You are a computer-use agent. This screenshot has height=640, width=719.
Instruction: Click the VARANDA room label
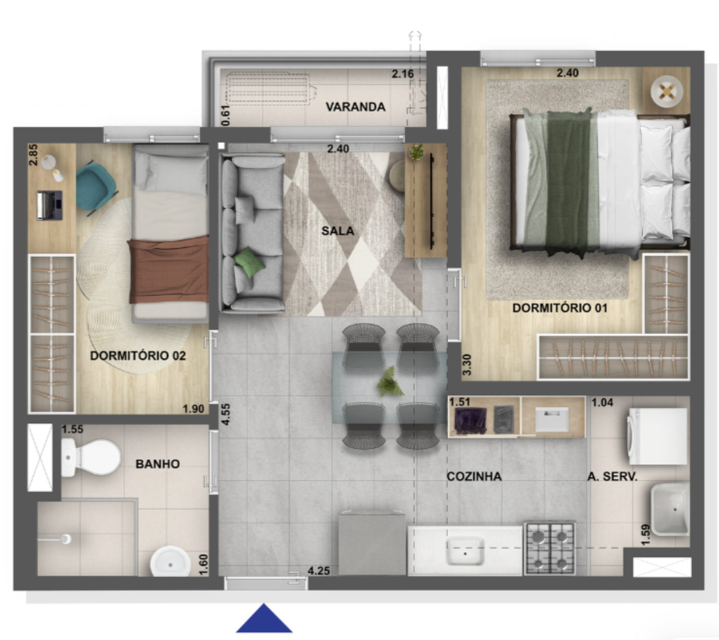[x=355, y=107]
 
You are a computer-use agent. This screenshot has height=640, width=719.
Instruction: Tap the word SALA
[x=337, y=231]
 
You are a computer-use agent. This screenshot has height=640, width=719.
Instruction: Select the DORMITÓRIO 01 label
[x=560, y=308]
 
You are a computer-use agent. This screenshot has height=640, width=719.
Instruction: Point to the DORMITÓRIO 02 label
[x=138, y=356]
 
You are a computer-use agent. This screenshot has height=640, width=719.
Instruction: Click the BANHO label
[x=157, y=463]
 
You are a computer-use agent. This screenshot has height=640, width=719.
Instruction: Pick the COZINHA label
[x=474, y=476]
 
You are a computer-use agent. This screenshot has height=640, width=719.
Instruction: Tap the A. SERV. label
[x=612, y=476]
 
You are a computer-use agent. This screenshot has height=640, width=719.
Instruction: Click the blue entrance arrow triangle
[x=264, y=619]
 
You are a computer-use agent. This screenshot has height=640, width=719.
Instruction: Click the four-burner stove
[x=550, y=549]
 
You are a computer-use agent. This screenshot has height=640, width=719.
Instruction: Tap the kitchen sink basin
[x=465, y=551]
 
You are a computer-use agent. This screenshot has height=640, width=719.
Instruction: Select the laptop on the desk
[x=50, y=205]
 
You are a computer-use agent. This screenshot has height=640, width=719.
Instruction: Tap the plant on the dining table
[x=389, y=382]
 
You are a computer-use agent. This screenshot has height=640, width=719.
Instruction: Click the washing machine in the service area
[x=657, y=436]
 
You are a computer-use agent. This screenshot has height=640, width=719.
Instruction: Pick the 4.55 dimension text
[x=226, y=414]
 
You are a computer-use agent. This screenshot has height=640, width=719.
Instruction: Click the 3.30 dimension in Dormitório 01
[x=467, y=365]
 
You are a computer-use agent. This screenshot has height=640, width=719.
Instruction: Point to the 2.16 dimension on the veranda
[x=403, y=74]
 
